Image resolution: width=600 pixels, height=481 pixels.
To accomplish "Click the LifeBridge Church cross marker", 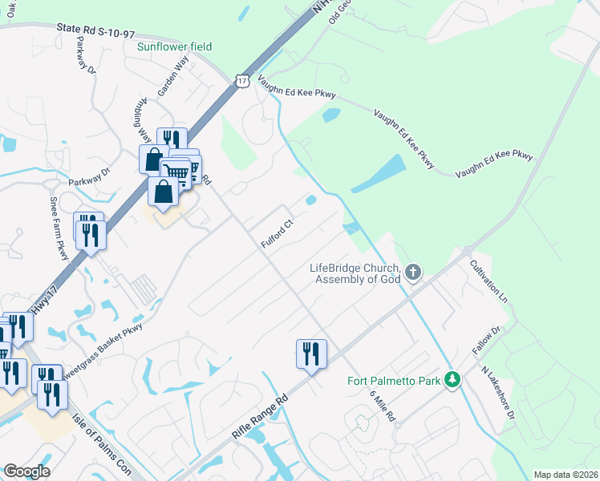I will [x=413, y=273].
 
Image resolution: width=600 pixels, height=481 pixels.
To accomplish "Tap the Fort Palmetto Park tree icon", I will [x=453, y=380].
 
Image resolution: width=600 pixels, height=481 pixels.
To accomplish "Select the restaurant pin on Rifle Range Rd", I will [x=310, y=354].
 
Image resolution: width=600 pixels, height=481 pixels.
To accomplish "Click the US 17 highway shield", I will [x=243, y=81].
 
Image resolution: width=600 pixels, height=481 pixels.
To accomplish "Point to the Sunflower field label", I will [x=174, y=46].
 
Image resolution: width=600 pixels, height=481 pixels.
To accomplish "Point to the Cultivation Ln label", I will [x=489, y=279].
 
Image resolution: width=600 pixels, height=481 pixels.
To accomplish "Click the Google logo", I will [x=26, y=471].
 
